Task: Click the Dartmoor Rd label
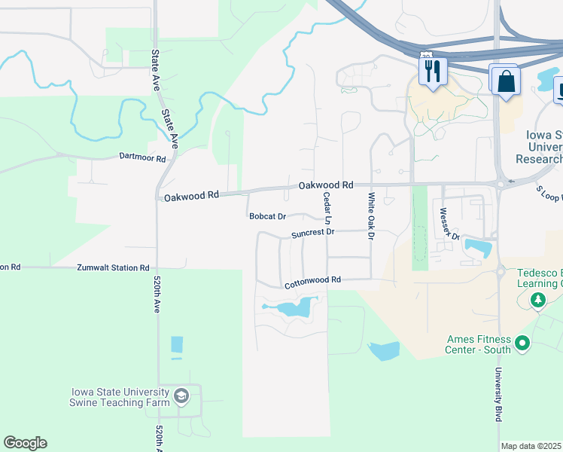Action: click(x=142, y=157)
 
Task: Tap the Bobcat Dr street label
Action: click(x=268, y=216)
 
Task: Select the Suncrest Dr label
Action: click(x=312, y=233)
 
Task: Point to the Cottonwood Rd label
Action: click(x=312, y=280)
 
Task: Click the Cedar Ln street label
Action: click(x=327, y=209)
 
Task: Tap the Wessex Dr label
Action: click(x=449, y=224)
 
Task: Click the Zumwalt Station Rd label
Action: click(x=113, y=267)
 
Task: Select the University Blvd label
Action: click(x=498, y=394)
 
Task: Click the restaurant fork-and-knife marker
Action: click(x=433, y=71)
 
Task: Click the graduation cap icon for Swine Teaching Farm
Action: click(x=181, y=396)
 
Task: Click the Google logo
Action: click(x=25, y=442)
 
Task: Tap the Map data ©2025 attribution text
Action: click(x=531, y=446)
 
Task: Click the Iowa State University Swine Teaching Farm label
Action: click(x=120, y=397)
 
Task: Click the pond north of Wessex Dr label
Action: click(x=479, y=246)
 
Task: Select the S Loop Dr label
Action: click(x=549, y=194)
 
